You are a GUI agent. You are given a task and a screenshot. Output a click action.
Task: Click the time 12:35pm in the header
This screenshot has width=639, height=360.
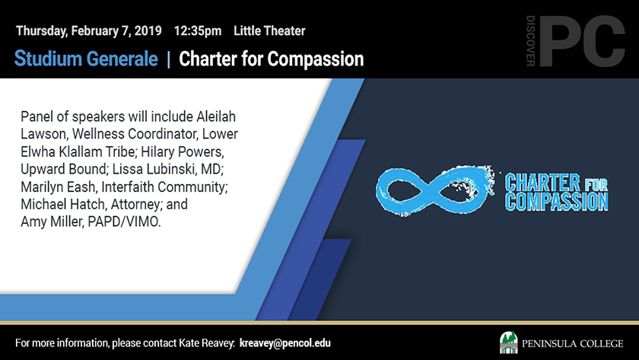tap(198, 31)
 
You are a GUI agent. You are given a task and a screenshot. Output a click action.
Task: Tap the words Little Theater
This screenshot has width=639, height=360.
tap(269, 31)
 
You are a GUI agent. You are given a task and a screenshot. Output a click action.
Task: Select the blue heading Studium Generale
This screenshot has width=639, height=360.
tap(86, 59)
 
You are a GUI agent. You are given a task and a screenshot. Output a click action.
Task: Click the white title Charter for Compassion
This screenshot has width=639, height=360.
tap(271, 59)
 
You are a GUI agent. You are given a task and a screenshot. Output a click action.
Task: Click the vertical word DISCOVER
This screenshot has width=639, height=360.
tap(531, 41)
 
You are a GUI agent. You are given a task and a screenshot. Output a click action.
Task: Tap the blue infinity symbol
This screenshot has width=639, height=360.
tap(434, 190)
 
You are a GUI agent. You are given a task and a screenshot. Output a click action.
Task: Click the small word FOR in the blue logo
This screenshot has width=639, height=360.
tap(596, 185)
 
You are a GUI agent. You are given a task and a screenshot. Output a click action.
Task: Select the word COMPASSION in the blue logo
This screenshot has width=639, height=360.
tap(556, 202)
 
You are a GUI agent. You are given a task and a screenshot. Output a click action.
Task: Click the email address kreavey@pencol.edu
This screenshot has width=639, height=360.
tap(285, 343)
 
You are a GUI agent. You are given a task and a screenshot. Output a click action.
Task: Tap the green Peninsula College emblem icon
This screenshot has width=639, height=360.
tap(509, 342)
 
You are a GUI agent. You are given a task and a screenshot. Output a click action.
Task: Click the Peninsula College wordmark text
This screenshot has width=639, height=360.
tap(573, 344)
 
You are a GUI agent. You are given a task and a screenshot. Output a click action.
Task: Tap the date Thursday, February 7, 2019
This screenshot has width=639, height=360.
tap(89, 31)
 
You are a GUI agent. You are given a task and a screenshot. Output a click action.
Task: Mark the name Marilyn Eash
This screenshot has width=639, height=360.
tap(59, 186)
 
